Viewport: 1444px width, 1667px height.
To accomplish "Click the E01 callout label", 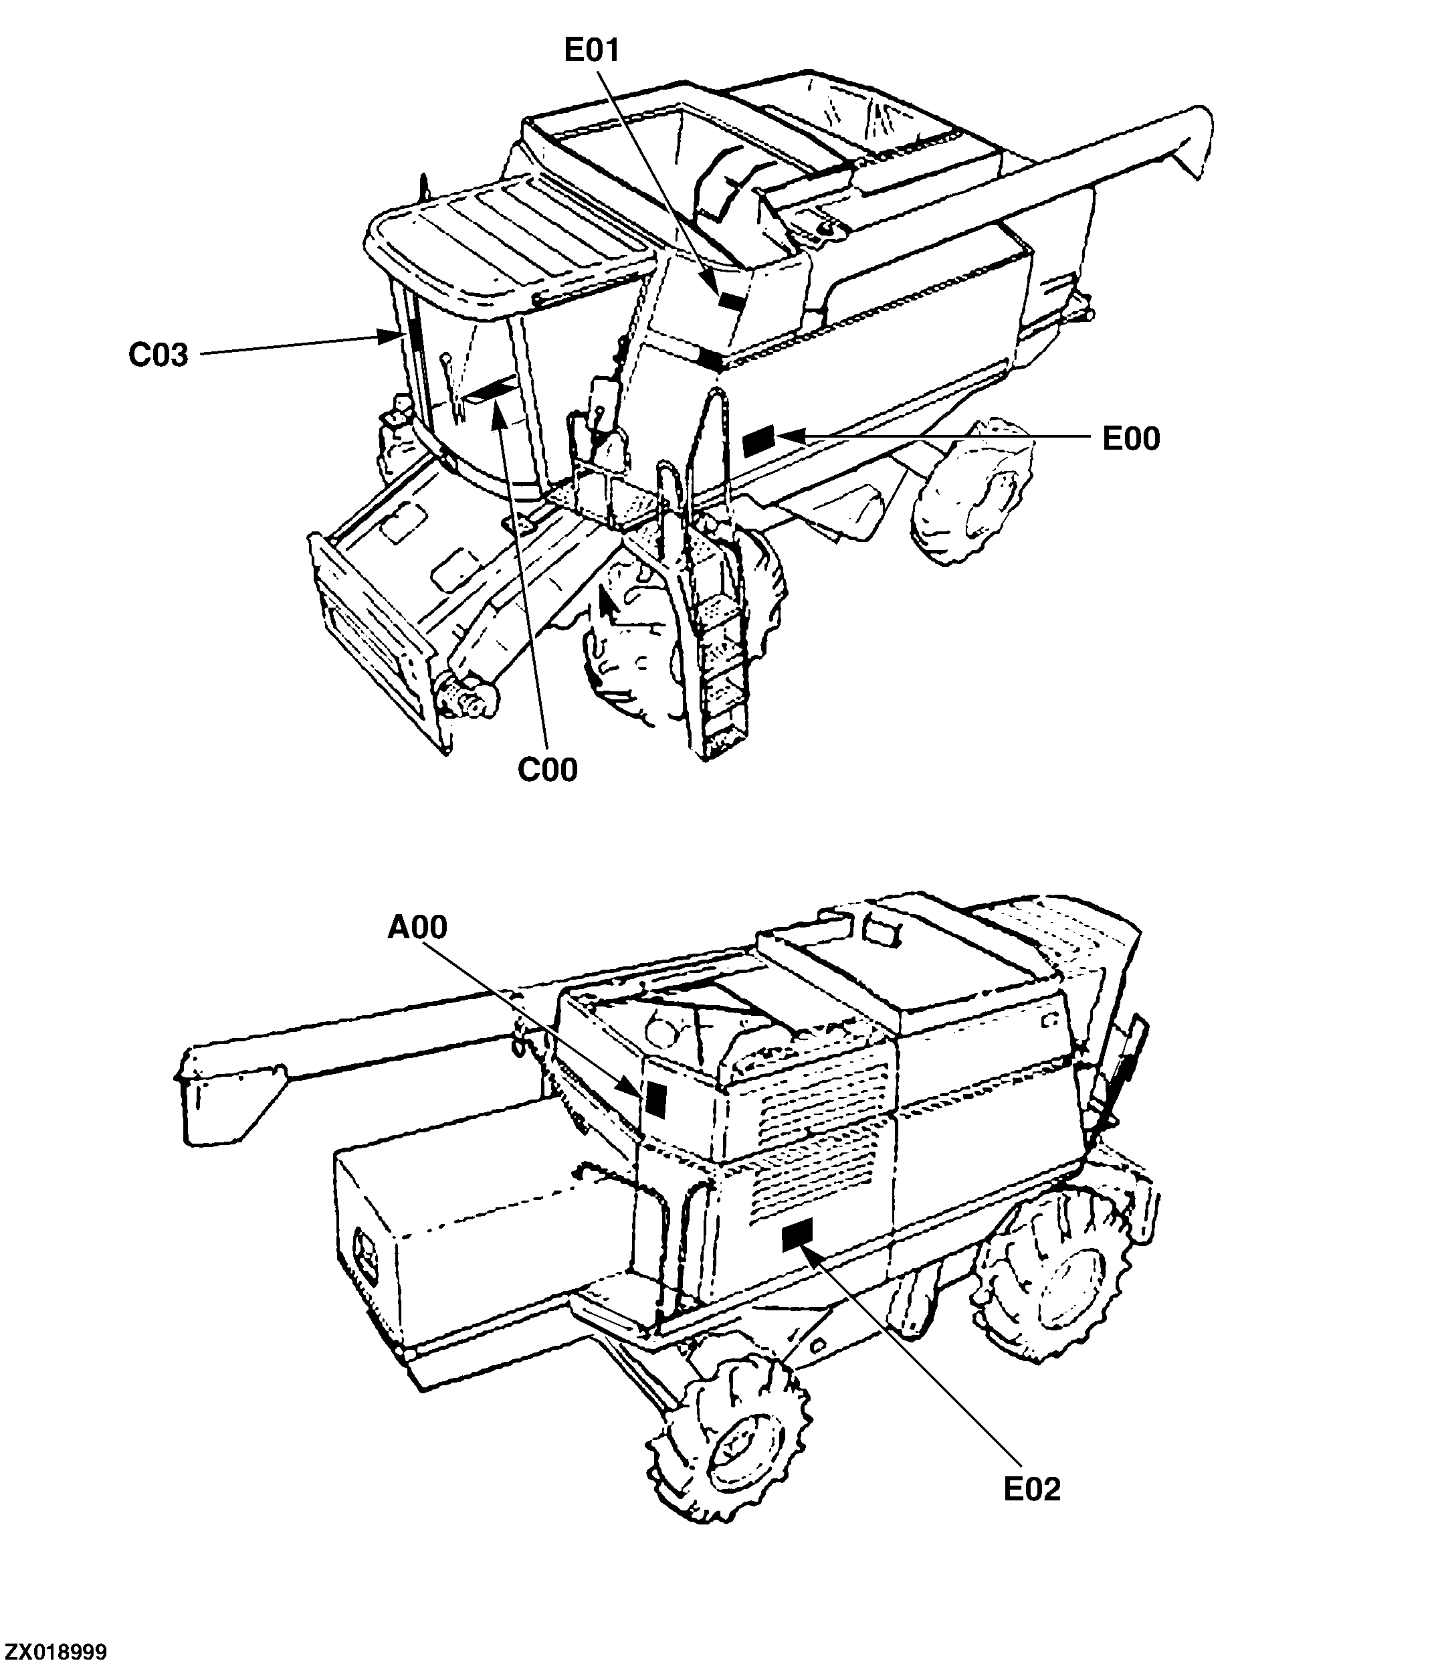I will [591, 50].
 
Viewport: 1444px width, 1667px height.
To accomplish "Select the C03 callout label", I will [158, 355].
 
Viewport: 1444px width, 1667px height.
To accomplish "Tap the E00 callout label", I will [1130, 438].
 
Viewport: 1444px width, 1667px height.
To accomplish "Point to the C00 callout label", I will [547, 770].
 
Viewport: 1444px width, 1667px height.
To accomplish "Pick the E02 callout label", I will [1031, 1490].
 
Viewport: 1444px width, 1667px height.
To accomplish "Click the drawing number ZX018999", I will [54, 1652].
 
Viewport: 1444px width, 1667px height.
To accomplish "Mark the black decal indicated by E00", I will [758, 441].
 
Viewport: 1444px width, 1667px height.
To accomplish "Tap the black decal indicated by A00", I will [655, 1099].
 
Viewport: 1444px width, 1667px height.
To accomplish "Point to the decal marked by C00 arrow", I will [493, 390].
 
